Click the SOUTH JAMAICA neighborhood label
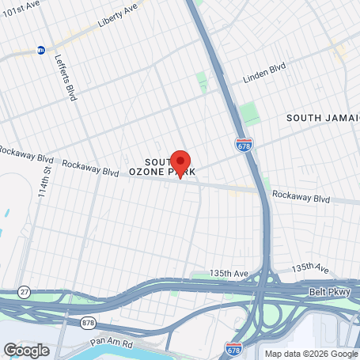pos(323,117)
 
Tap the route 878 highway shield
pos(86,323)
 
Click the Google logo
pos(25,350)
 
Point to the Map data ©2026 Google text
pos(311,354)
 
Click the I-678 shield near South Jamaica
pos(244,145)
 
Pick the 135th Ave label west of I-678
pos(229,273)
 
